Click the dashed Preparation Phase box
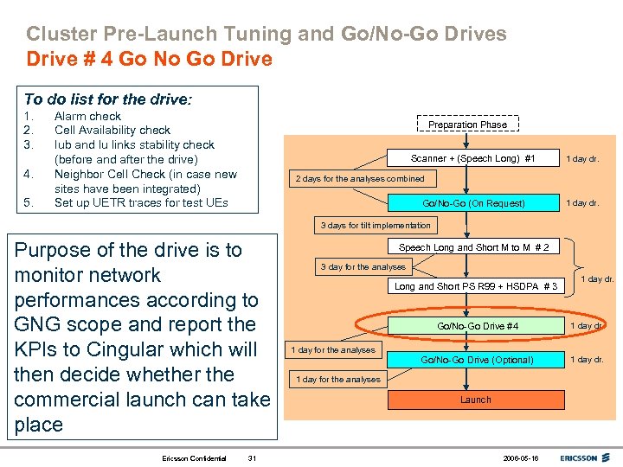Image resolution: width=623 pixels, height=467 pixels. [467, 125]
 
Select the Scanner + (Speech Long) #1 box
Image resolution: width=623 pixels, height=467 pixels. [473, 158]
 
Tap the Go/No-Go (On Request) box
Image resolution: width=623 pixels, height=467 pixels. [473, 203]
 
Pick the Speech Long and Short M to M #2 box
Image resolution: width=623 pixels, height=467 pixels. [473, 247]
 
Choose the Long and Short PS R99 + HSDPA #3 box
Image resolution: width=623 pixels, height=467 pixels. [476, 286]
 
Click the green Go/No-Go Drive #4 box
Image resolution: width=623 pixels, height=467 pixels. [478, 326]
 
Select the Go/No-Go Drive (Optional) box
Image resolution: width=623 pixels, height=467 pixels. [477, 359]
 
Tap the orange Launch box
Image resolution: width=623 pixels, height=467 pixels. [475, 400]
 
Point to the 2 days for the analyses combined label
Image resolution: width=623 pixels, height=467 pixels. [360, 179]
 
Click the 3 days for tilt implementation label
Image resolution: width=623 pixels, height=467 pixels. [376, 226]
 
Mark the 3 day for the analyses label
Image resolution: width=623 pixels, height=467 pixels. [363, 267]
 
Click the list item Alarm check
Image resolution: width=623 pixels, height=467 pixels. [87, 116]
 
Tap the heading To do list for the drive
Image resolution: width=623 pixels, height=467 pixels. [107, 99]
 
